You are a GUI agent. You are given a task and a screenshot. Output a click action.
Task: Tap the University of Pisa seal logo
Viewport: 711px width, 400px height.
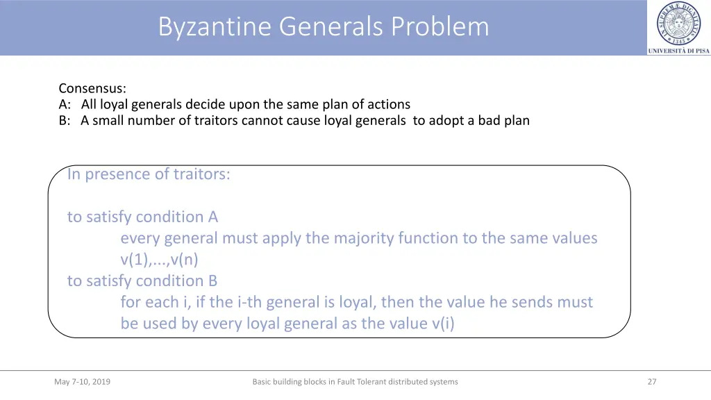click(678, 24)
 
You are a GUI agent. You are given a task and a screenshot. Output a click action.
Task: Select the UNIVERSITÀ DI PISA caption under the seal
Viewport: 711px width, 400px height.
click(678, 51)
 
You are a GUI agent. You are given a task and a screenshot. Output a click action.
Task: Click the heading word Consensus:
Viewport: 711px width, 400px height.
click(92, 88)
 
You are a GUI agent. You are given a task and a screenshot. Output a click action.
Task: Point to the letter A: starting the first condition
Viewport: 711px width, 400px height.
click(65, 104)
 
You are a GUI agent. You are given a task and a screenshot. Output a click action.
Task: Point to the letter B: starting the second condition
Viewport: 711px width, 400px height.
click(65, 120)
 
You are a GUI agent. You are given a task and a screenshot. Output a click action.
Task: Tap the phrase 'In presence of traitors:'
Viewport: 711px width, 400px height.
click(149, 174)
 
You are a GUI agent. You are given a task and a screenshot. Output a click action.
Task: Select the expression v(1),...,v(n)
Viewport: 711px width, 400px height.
click(159, 260)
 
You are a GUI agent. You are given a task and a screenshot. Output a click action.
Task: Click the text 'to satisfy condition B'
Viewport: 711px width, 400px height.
click(142, 281)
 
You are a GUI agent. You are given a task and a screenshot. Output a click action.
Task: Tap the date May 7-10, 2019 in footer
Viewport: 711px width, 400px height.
click(82, 381)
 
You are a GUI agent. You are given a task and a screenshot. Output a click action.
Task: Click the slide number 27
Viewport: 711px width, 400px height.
click(651, 381)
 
